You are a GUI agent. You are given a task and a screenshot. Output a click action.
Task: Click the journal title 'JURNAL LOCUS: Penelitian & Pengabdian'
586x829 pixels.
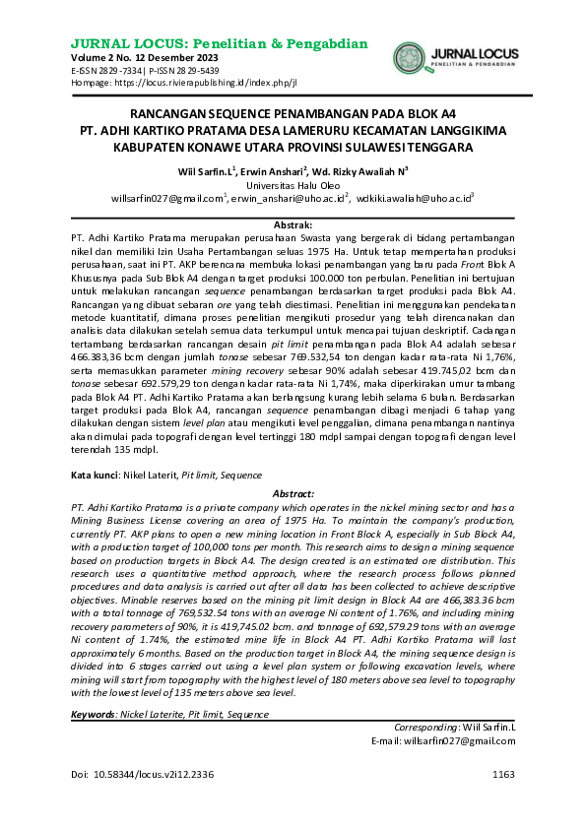click(x=220, y=43)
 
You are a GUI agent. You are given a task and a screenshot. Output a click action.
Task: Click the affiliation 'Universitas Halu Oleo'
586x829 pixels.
click(x=293, y=184)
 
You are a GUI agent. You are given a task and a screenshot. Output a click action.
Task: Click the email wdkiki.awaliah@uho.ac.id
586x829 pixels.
click(x=415, y=198)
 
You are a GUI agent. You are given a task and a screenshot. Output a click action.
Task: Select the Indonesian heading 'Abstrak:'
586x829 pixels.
click(x=293, y=225)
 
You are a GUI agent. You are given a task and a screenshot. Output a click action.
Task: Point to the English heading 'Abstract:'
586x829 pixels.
click(x=293, y=492)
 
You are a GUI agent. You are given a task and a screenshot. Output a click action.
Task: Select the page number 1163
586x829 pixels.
click(x=503, y=773)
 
